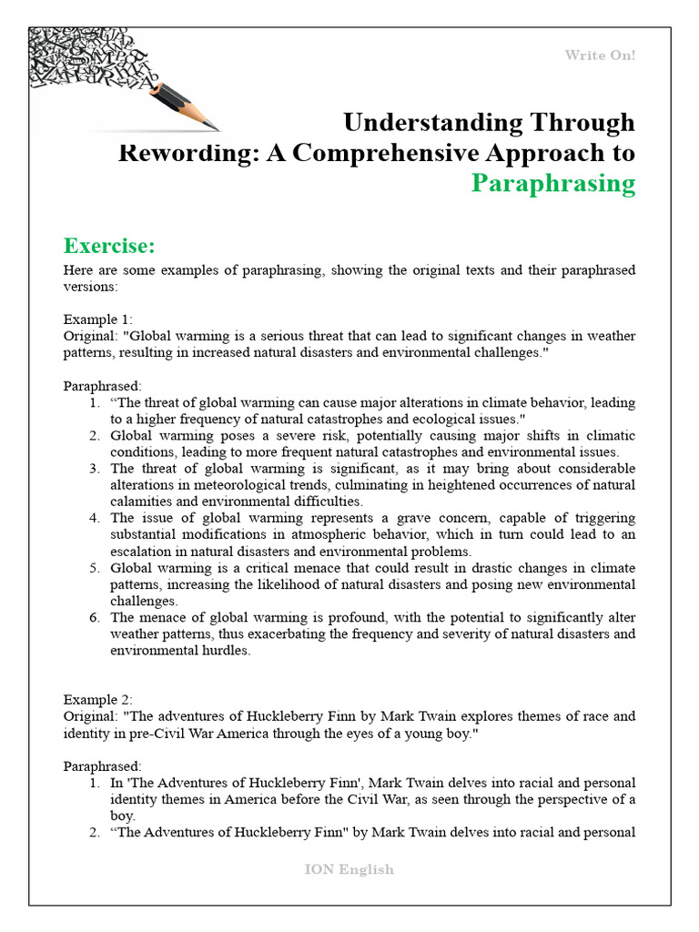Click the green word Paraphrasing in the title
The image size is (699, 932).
click(552, 183)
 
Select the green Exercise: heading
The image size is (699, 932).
click(109, 246)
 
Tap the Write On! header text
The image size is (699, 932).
click(600, 56)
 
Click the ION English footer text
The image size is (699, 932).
click(349, 869)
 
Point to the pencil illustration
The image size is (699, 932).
click(186, 106)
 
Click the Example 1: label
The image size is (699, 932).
click(97, 319)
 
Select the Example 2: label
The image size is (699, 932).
click(97, 699)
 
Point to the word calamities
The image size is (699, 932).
click(141, 501)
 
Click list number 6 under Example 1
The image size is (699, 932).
click(94, 617)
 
